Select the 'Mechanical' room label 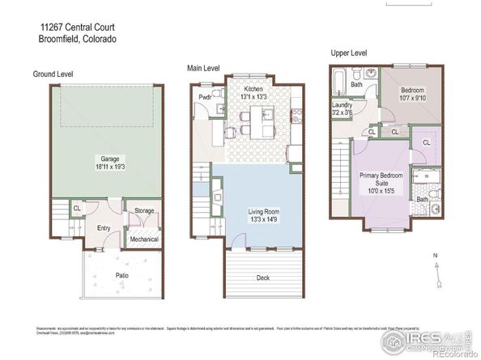pyautogui.click(x=144, y=239)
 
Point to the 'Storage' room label pyautogui.click(x=144, y=211)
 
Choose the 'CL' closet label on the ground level pyautogui.click(x=77, y=208)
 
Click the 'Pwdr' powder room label pyautogui.click(x=204, y=99)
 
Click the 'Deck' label pyautogui.click(x=262, y=277)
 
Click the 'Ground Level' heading pyautogui.click(x=53, y=74)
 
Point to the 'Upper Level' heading pyautogui.click(x=349, y=53)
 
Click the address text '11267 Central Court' pyautogui.click(x=75, y=26)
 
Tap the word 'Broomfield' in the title pyautogui.click(x=61, y=38)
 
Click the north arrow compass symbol pyautogui.click(x=436, y=271)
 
